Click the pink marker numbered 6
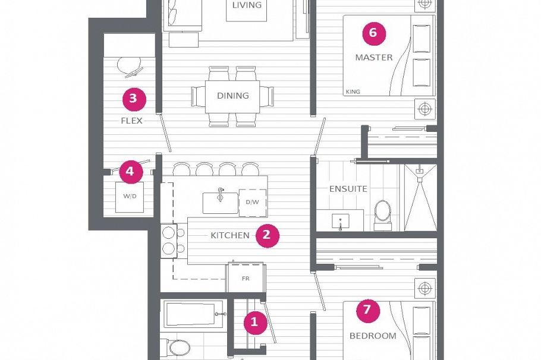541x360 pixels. click(x=373, y=33)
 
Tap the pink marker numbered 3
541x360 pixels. click(x=134, y=99)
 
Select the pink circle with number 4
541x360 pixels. click(x=131, y=172)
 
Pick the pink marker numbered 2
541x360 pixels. click(x=266, y=235)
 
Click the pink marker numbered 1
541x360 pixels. click(x=254, y=323)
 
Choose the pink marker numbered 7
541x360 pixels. click(x=367, y=310)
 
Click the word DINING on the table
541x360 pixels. click(x=233, y=96)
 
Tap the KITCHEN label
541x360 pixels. click(x=230, y=235)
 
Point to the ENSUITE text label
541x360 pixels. click(x=348, y=189)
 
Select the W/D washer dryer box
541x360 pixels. click(x=130, y=196)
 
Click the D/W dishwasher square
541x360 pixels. click(x=252, y=203)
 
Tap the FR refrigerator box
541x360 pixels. click(x=244, y=278)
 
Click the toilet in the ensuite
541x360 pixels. click(x=383, y=213)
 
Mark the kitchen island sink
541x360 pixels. click(x=219, y=202)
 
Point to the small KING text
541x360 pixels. click(x=353, y=92)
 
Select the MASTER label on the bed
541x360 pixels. click(x=374, y=58)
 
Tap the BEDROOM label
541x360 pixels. click(x=373, y=336)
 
